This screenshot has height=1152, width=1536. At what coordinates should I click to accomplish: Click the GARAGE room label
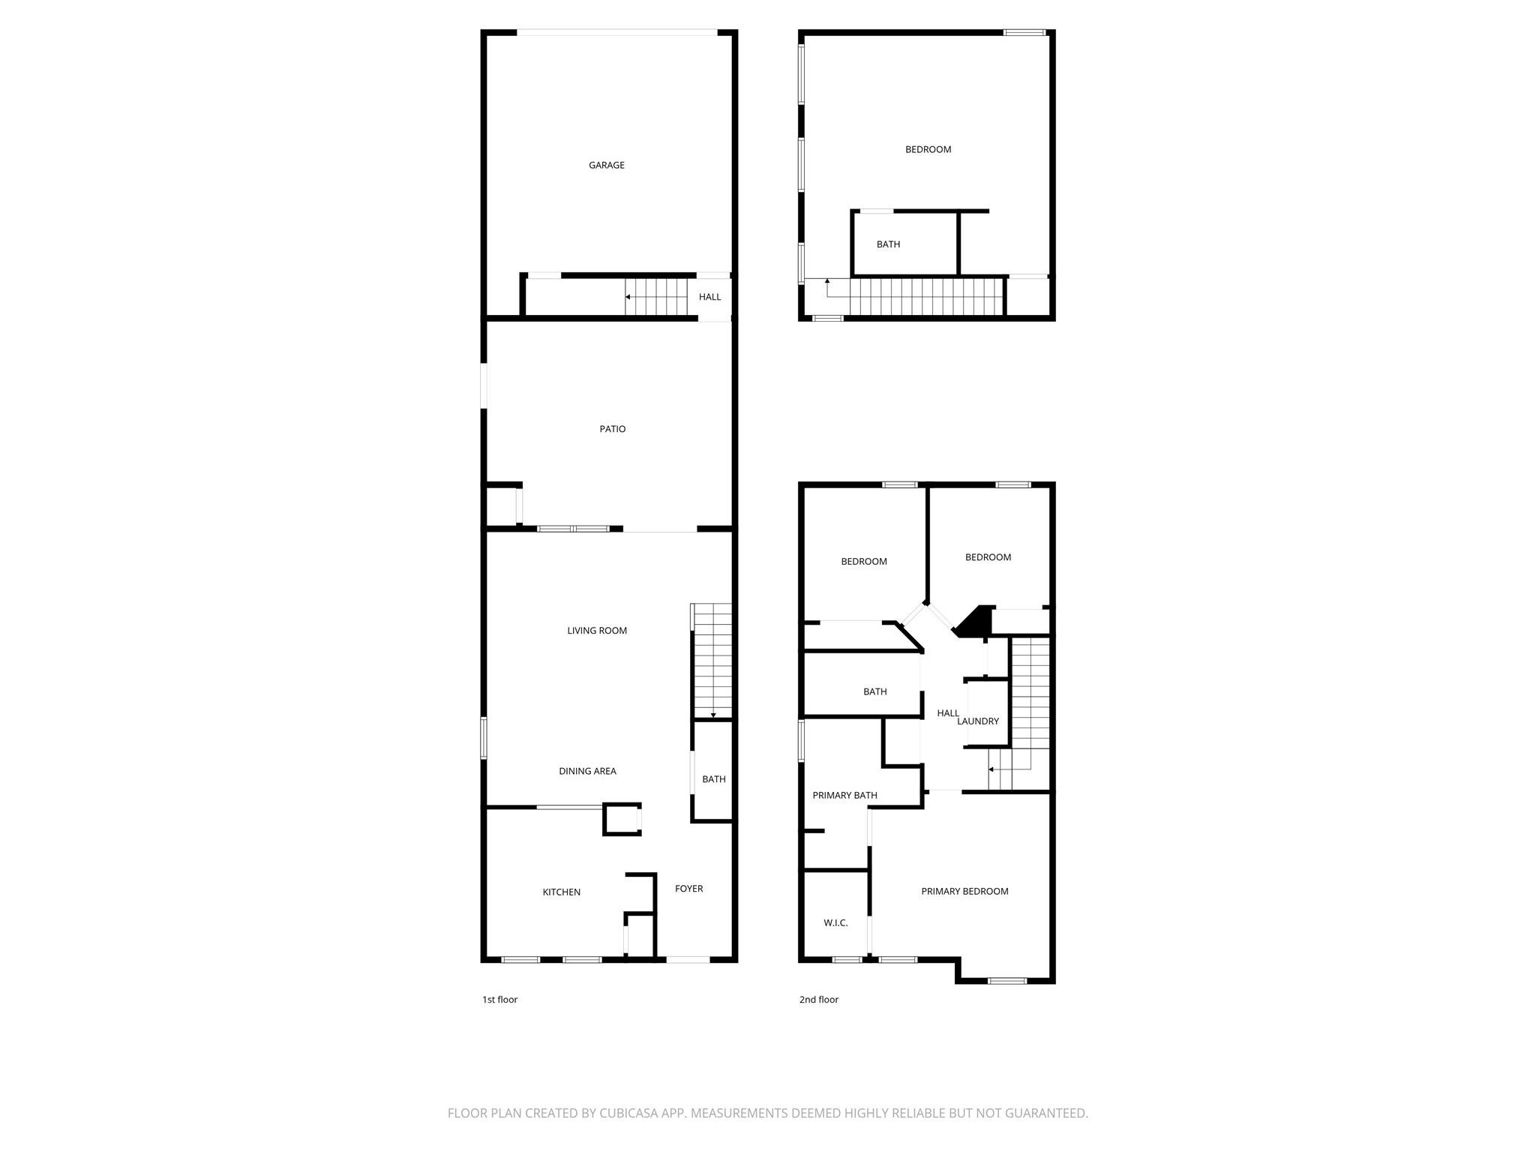coord(606,165)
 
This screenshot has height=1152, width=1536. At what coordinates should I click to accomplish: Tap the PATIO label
coord(612,429)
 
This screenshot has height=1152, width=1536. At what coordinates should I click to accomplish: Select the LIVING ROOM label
coord(596,631)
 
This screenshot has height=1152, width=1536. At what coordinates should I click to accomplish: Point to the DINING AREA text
coord(587,771)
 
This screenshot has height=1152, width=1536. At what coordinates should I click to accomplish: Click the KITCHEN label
coord(561,892)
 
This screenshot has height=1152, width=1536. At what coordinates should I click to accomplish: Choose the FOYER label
coord(688,889)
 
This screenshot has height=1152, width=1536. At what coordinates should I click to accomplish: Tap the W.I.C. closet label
coord(835,922)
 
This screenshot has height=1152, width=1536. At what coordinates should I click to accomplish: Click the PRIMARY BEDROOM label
coord(964,891)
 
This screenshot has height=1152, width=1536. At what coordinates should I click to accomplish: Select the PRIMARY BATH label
coord(844,795)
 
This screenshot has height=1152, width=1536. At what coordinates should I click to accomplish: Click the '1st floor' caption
coord(499,999)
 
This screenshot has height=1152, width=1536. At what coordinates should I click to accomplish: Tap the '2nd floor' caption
coord(818,999)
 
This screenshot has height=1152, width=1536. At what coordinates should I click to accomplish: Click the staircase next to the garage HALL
coord(656,297)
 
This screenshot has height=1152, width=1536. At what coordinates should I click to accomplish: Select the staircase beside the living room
coord(712,660)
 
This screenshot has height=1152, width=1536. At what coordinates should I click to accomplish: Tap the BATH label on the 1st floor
coord(713,779)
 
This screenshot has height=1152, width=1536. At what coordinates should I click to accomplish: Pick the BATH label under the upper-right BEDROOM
coord(888,244)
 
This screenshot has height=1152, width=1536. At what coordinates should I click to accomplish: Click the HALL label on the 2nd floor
coord(947,713)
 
